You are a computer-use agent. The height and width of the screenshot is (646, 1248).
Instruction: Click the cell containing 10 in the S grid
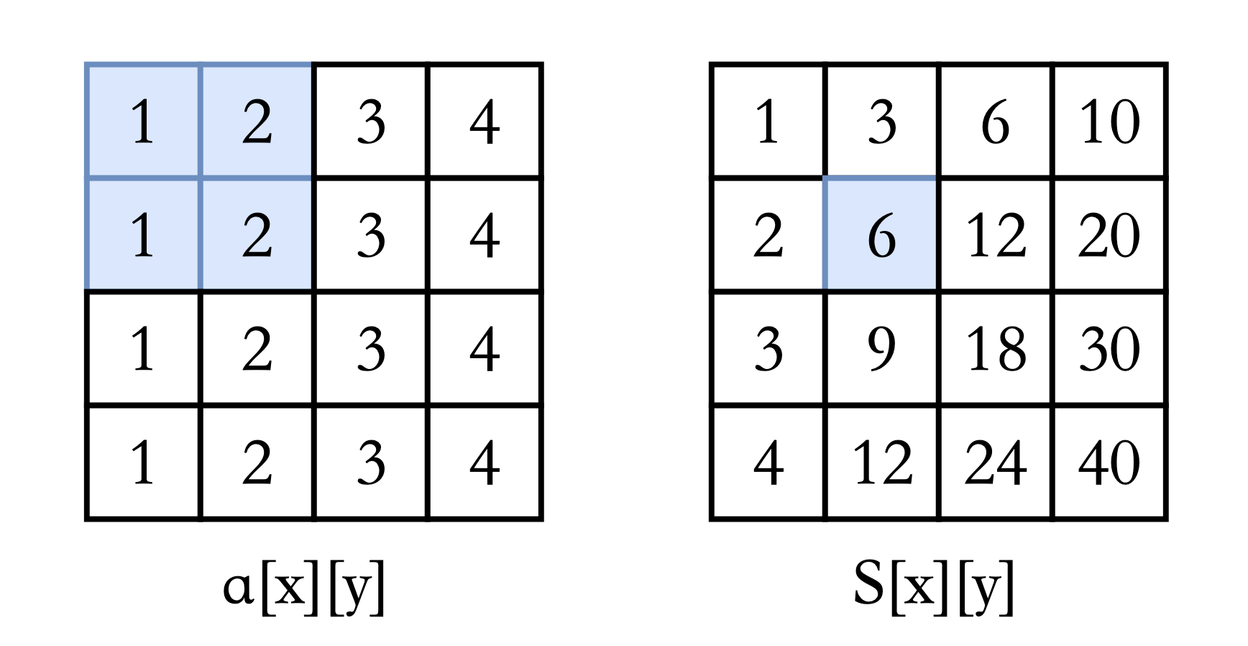pos(1109,121)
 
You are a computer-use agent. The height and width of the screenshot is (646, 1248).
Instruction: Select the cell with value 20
pos(1109,235)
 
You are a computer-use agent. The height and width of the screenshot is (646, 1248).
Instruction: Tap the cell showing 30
pos(1109,349)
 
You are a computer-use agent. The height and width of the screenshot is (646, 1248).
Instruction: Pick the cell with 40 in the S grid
pos(1109,463)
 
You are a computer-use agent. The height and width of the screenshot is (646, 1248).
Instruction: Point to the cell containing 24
pos(996,463)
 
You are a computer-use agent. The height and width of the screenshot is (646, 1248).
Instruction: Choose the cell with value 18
pos(996,349)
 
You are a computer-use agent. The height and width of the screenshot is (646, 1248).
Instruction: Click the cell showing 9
pos(882,349)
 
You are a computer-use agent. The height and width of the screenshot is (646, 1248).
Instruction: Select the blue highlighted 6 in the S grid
pos(882,235)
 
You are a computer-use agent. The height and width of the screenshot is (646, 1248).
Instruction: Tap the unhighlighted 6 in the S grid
pos(996,121)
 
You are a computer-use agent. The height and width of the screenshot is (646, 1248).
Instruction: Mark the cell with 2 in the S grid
pos(768,235)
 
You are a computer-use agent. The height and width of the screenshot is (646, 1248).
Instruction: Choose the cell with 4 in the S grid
pos(768,463)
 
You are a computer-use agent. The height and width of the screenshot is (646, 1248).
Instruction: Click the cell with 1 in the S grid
pos(768,121)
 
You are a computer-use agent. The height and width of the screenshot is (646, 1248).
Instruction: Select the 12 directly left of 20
pos(996,235)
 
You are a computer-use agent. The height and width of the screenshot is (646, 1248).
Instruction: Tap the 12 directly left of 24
pos(882,463)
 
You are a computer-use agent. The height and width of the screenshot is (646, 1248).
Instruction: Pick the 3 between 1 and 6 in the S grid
pos(882,121)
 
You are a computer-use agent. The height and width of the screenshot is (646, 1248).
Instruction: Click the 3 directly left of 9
pos(768,349)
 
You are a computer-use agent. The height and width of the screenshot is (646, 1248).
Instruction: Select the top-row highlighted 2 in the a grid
pos(257,121)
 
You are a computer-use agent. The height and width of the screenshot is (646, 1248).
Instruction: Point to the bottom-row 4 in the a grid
pos(485,463)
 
